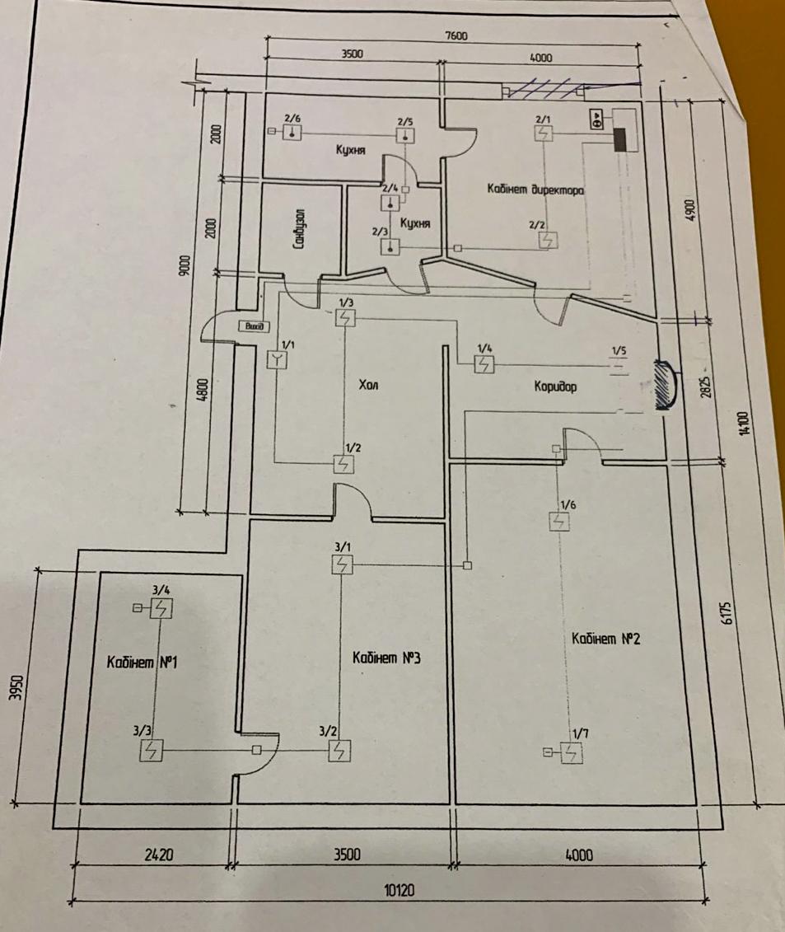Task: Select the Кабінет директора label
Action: (535, 190)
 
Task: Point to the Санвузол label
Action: (300, 229)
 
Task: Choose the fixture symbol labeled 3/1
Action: (343, 564)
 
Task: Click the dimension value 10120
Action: (400, 891)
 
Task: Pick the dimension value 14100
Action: (745, 425)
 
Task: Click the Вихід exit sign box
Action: (252, 327)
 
